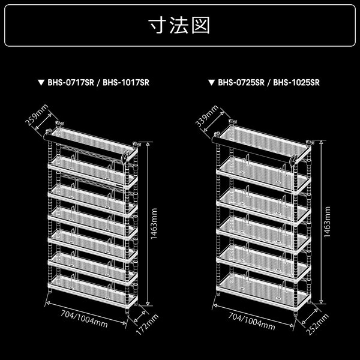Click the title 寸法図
(x=180, y=27)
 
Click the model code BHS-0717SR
(x=71, y=83)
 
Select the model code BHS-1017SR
(x=125, y=83)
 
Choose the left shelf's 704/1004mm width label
(x=85, y=320)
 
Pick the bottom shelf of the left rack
(x=90, y=286)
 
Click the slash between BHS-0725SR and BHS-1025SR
(x=269, y=83)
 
